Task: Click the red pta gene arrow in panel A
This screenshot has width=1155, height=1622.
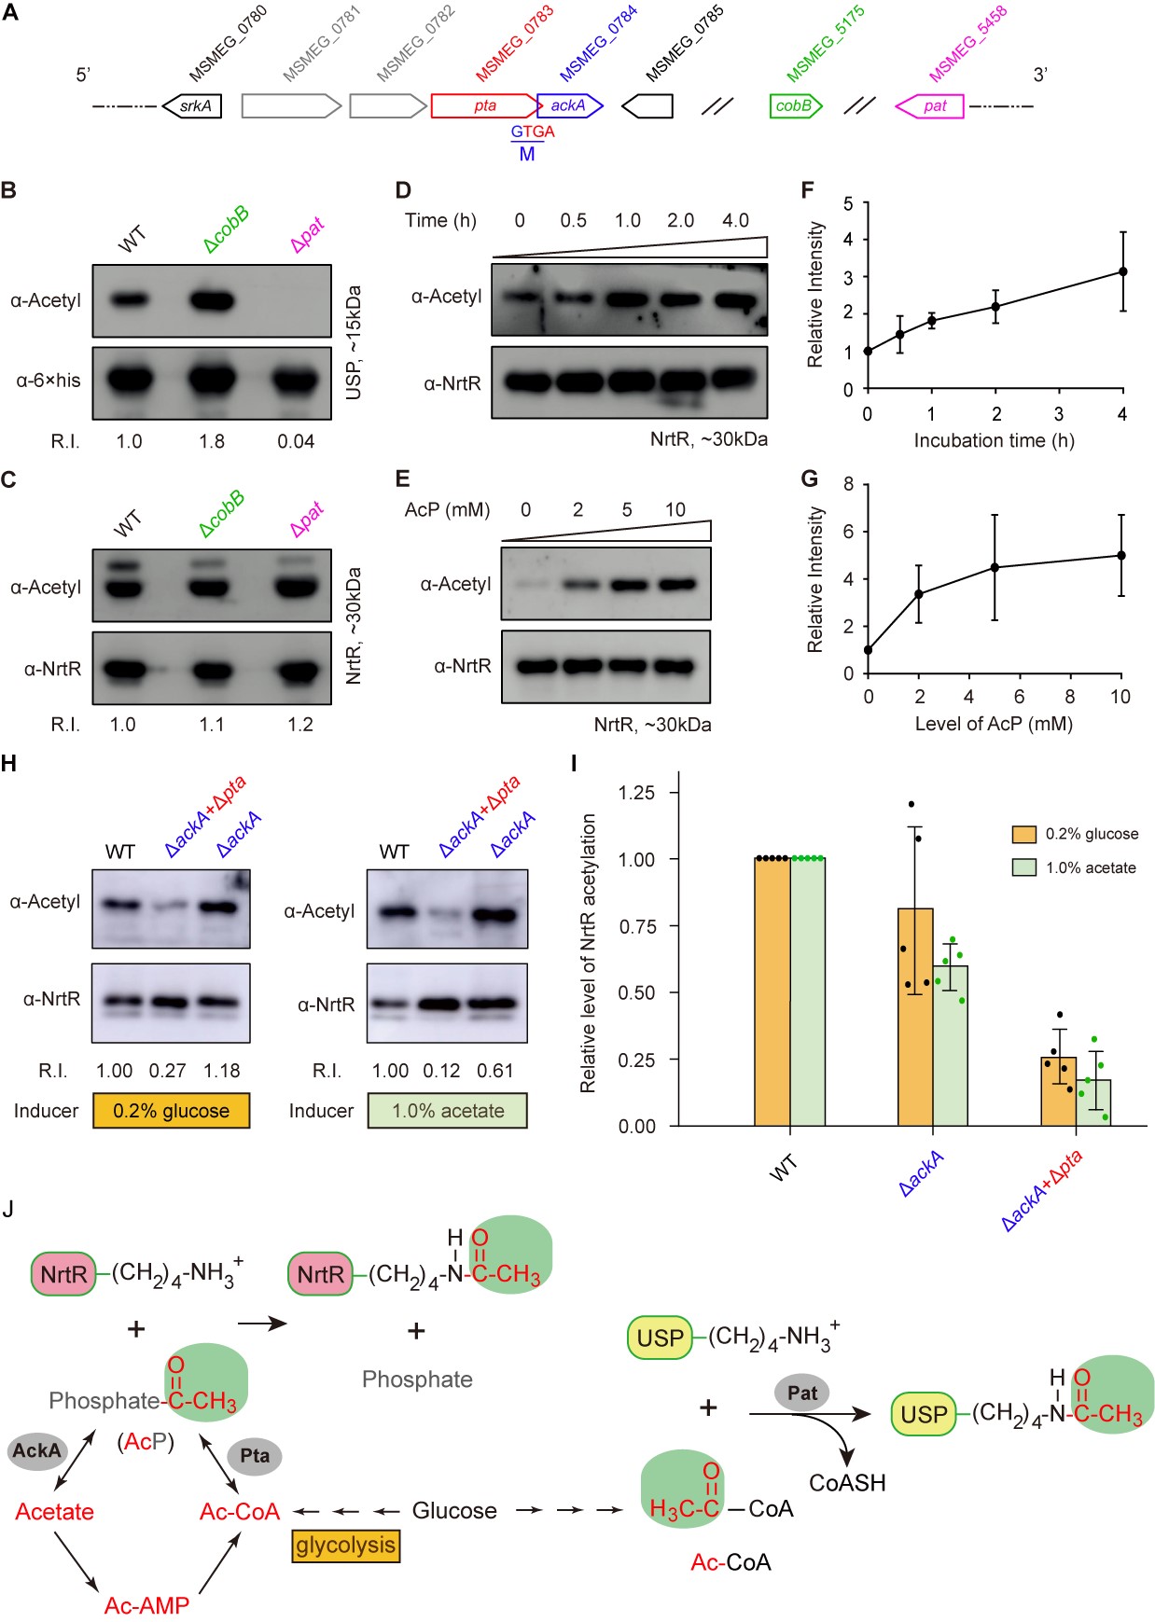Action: (x=484, y=105)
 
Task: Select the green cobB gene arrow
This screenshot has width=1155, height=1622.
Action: (x=795, y=105)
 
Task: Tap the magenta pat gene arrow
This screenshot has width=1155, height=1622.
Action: (x=930, y=106)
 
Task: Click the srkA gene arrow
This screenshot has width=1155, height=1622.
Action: (x=193, y=105)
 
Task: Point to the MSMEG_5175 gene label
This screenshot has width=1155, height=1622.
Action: (x=825, y=44)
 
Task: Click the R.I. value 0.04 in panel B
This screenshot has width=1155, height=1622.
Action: (x=296, y=441)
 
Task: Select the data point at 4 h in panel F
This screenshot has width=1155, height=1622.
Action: (x=1122, y=271)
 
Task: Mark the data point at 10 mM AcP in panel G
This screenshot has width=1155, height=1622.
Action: (x=1120, y=555)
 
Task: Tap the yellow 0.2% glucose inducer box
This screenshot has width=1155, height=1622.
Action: (x=171, y=1111)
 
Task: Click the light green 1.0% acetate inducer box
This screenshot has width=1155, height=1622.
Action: (x=447, y=1111)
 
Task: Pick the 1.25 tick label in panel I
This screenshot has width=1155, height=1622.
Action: (x=636, y=793)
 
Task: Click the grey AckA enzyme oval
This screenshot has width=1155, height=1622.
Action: (x=37, y=1450)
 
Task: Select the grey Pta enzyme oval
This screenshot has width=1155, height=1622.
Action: (x=254, y=1456)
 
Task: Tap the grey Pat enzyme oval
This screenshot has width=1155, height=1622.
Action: (x=801, y=1393)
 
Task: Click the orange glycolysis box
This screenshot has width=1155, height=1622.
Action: (x=345, y=1546)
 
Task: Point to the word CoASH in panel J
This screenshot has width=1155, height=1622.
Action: (x=847, y=1482)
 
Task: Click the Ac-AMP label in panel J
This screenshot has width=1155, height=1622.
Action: (x=146, y=1605)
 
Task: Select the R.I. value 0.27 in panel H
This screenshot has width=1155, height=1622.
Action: (x=168, y=1071)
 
